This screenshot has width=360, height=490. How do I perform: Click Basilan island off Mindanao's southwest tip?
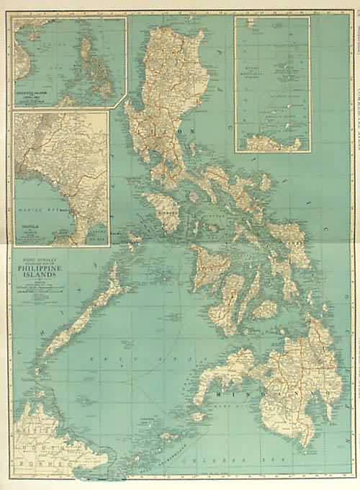199,416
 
